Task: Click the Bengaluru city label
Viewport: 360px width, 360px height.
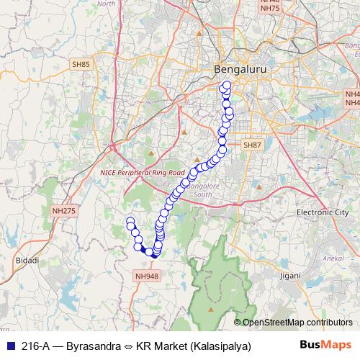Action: pos(235,69)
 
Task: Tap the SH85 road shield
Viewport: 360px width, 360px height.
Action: pos(81,65)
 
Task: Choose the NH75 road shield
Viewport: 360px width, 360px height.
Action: pos(269,8)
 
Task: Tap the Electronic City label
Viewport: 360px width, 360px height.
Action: pos(322,213)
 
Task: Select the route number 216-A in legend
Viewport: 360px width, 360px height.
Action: pos(34,346)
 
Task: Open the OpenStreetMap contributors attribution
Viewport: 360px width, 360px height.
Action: pos(297,323)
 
